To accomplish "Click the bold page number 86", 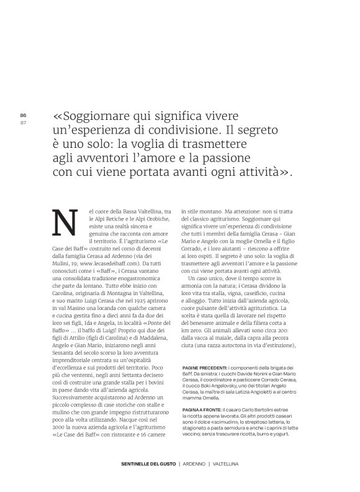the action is (23, 116).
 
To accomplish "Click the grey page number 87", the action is (23, 122).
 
